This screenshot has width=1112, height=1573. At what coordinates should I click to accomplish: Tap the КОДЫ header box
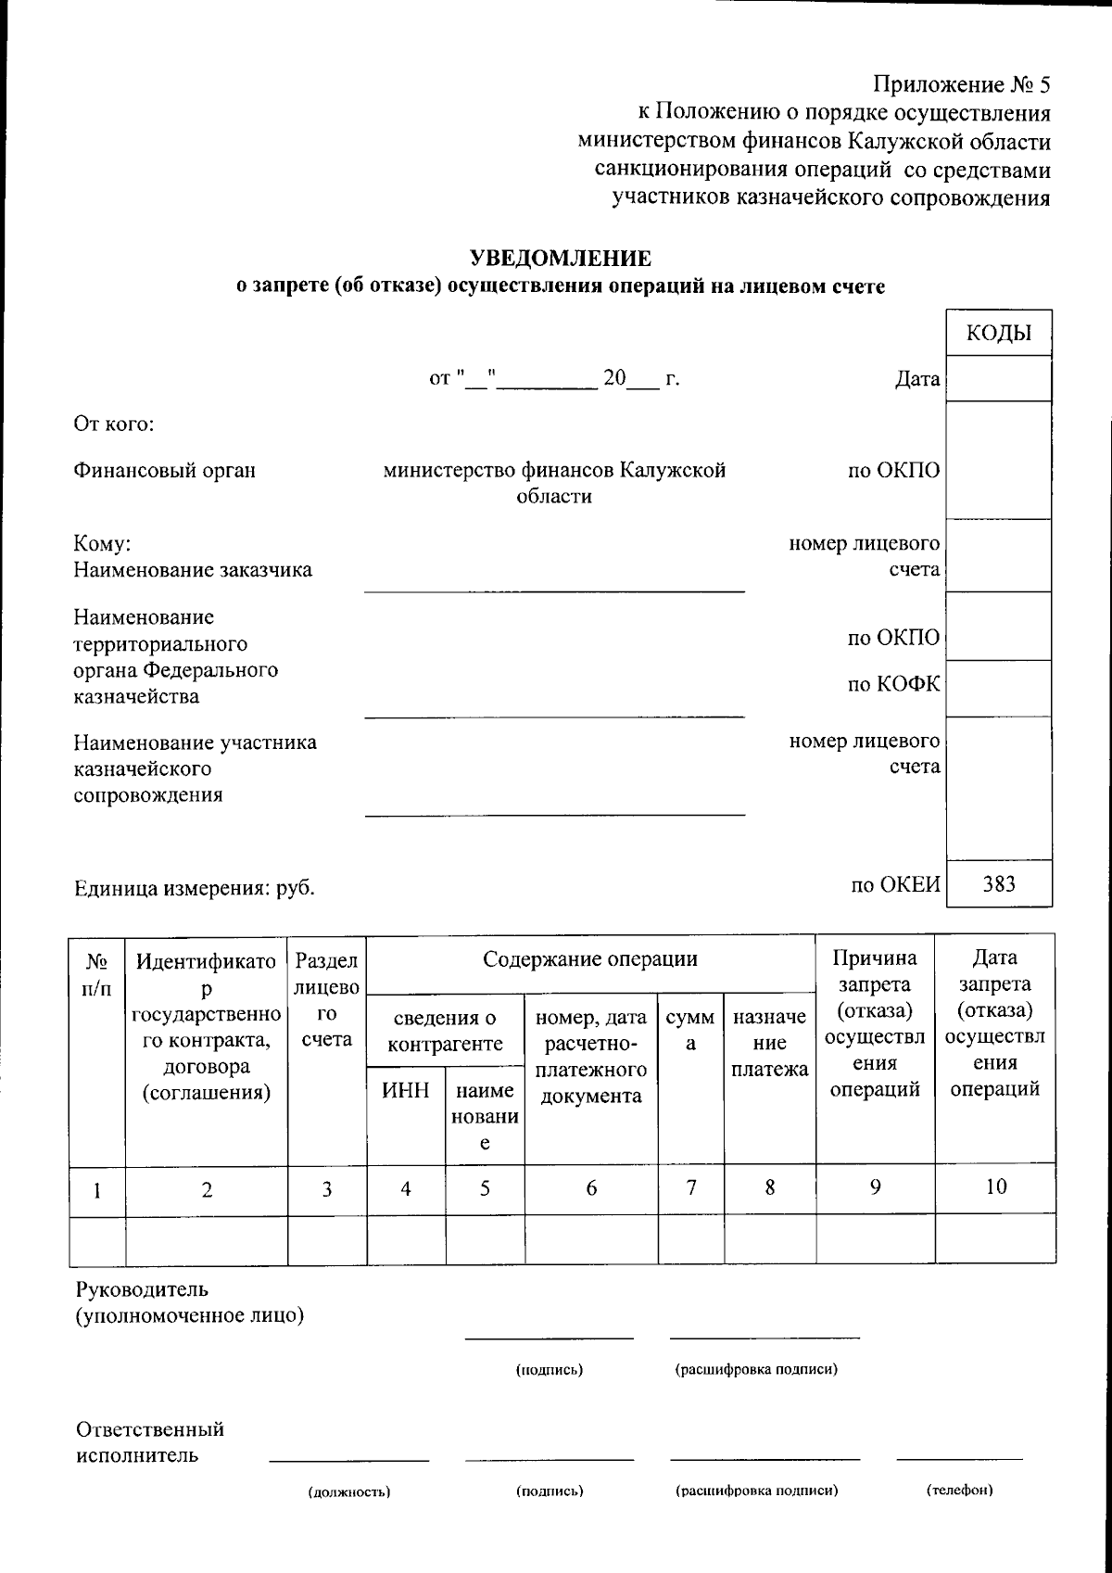point(998,334)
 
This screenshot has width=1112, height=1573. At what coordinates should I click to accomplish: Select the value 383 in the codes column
point(998,883)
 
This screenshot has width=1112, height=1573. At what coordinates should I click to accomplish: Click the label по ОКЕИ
point(895,885)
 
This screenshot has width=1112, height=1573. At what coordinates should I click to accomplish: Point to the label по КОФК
point(893,684)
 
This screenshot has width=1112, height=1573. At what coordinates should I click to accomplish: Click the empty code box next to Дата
point(998,379)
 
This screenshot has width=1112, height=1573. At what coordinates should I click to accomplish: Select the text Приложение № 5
point(961,86)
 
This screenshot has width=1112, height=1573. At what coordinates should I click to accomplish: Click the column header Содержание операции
point(590,958)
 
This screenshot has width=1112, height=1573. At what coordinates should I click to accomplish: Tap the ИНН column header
point(406,1090)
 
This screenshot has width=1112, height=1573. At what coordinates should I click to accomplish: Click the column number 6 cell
point(591,1187)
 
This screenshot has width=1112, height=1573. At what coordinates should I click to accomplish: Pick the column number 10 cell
point(995,1186)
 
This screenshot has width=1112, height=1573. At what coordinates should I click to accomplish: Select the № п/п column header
point(96,973)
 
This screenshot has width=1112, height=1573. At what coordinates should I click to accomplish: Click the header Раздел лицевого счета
point(326,999)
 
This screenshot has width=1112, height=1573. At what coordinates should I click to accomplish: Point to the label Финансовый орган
point(165,470)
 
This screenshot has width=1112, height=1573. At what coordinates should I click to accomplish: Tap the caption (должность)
point(348,1491)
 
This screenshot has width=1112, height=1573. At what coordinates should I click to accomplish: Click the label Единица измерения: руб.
point(195,888)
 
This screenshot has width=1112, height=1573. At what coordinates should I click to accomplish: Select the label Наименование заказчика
point(193,569)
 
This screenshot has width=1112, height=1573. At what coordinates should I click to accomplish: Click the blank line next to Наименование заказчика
point(554,580)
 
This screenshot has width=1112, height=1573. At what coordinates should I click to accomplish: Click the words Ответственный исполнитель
point(150,1441)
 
